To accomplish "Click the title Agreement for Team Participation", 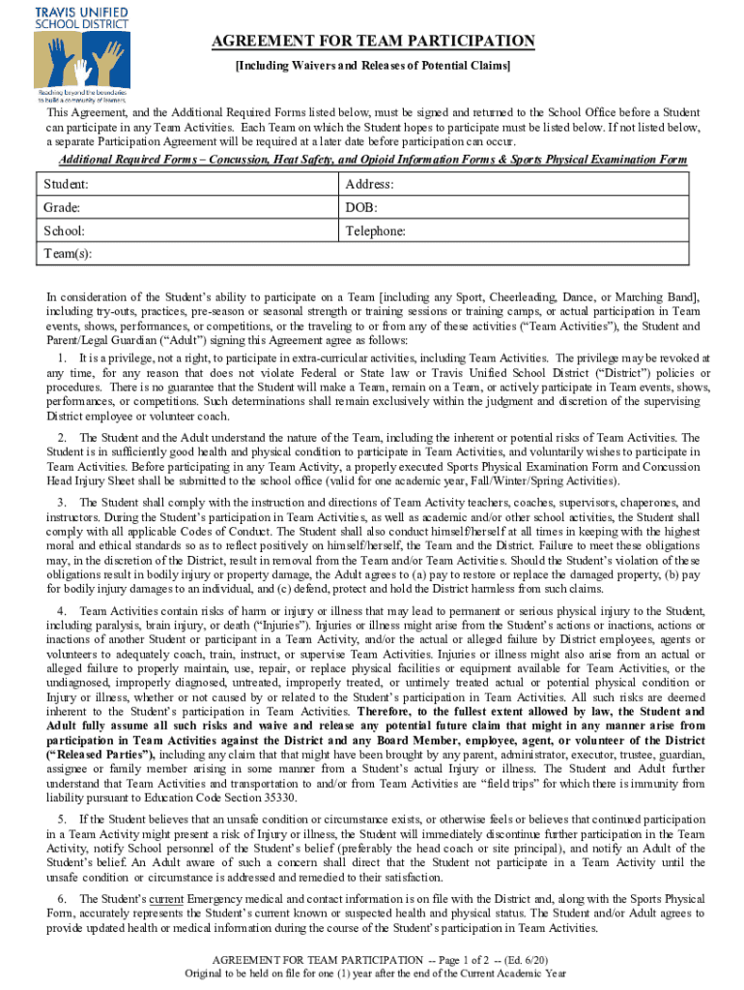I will (x=373, y=41).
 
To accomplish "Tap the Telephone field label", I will (x=376, y=231).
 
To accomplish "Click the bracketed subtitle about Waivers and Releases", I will (x=373, y=65).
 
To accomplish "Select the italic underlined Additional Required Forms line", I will (x=373, y=160).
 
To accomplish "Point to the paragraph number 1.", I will (x=60, y=358).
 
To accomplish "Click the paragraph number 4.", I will (x=60, y=612).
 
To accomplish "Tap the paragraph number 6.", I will (x=60, y=899).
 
